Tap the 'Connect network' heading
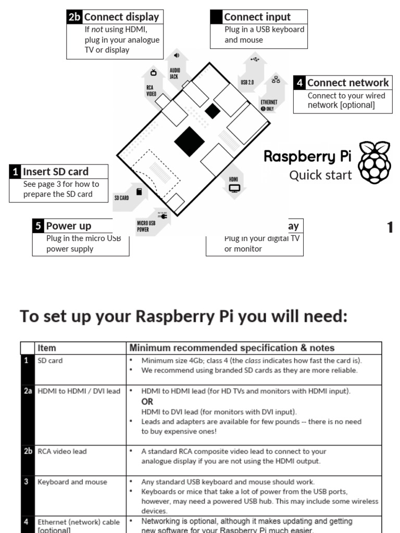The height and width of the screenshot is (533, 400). click(x=347, y=83)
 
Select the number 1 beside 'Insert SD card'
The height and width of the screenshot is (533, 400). click(x=16, y=172)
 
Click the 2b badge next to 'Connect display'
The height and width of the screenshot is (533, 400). click(x=74, y=17)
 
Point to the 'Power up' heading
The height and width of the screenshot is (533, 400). click(x=68, y=226)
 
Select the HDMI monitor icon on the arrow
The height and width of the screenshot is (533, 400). click(x=234, y=188)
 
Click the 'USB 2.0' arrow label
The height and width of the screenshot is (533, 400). click(x=247, y=82)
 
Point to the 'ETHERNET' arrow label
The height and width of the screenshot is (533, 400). click(x=269, y=103)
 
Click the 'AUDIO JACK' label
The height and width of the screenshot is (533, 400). click(x=174, y=73)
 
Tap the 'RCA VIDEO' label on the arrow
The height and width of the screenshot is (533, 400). click(x=151, y=91)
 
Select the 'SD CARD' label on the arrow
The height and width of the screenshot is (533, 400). click(x=121, y=198)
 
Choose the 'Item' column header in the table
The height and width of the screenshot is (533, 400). click(x=47, y=348)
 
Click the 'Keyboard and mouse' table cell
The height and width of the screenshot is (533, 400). click(x=72, y=482)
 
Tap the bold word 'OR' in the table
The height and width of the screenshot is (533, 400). click(x=148, y=402)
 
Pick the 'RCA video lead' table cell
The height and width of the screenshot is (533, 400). click(x=62, y=451)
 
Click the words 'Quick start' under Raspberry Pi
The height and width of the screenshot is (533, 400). click(x=320, y=175)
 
